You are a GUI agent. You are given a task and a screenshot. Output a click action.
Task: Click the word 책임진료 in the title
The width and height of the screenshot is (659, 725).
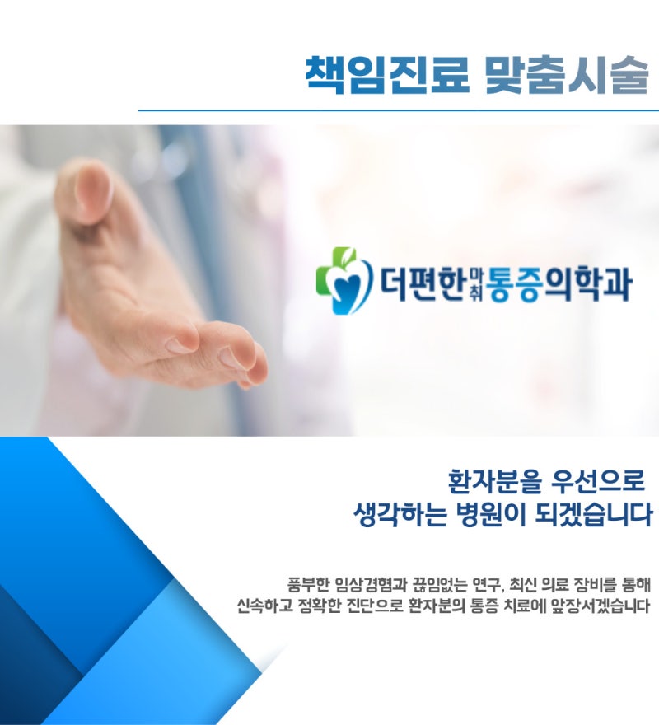click(x=387, y=75)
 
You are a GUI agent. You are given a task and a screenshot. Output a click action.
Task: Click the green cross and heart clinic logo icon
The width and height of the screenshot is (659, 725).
click(x=344, y=280)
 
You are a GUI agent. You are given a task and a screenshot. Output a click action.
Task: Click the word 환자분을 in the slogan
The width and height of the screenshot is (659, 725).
click(x=494, y=481)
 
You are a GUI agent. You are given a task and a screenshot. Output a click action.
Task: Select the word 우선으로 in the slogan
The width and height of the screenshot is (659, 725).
click(x=598, y=481)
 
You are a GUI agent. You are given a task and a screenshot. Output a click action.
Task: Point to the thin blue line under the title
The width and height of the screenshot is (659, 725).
click(x=399, y=110)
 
